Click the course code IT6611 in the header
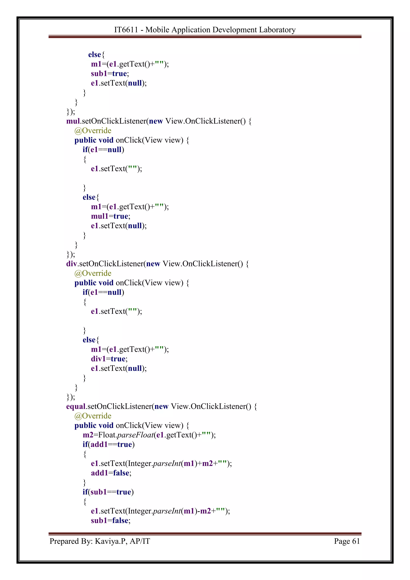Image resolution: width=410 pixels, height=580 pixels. [x=126, y=30]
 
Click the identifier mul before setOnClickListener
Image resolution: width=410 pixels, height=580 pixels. [x=73, y=121]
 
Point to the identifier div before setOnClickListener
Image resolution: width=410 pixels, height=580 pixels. [x=71, y=264]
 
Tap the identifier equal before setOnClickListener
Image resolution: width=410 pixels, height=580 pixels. [x=76, y=406]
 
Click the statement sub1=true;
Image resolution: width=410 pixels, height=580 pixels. [x=110, y=74]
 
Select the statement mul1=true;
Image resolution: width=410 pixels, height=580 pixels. [x=111, y=216]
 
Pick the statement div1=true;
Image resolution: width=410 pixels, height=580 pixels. [x=109, y=359]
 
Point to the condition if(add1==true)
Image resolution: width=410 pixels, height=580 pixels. [x=109, y=444]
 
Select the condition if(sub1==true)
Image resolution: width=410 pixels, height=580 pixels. [x=108, y=492]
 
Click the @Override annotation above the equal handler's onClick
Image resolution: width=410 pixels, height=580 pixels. [x=93, y=416]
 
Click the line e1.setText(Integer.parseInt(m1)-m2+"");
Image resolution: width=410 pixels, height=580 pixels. [x=160, y=511]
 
